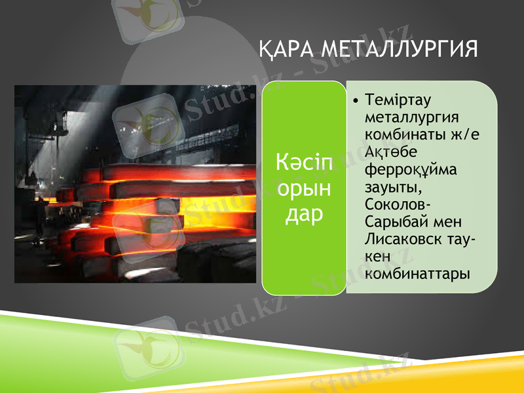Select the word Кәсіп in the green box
point(304,161)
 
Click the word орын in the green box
point(303,188)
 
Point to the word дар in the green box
point(303,214)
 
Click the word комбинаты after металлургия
point(399,135)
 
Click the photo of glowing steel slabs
point(135,184)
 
